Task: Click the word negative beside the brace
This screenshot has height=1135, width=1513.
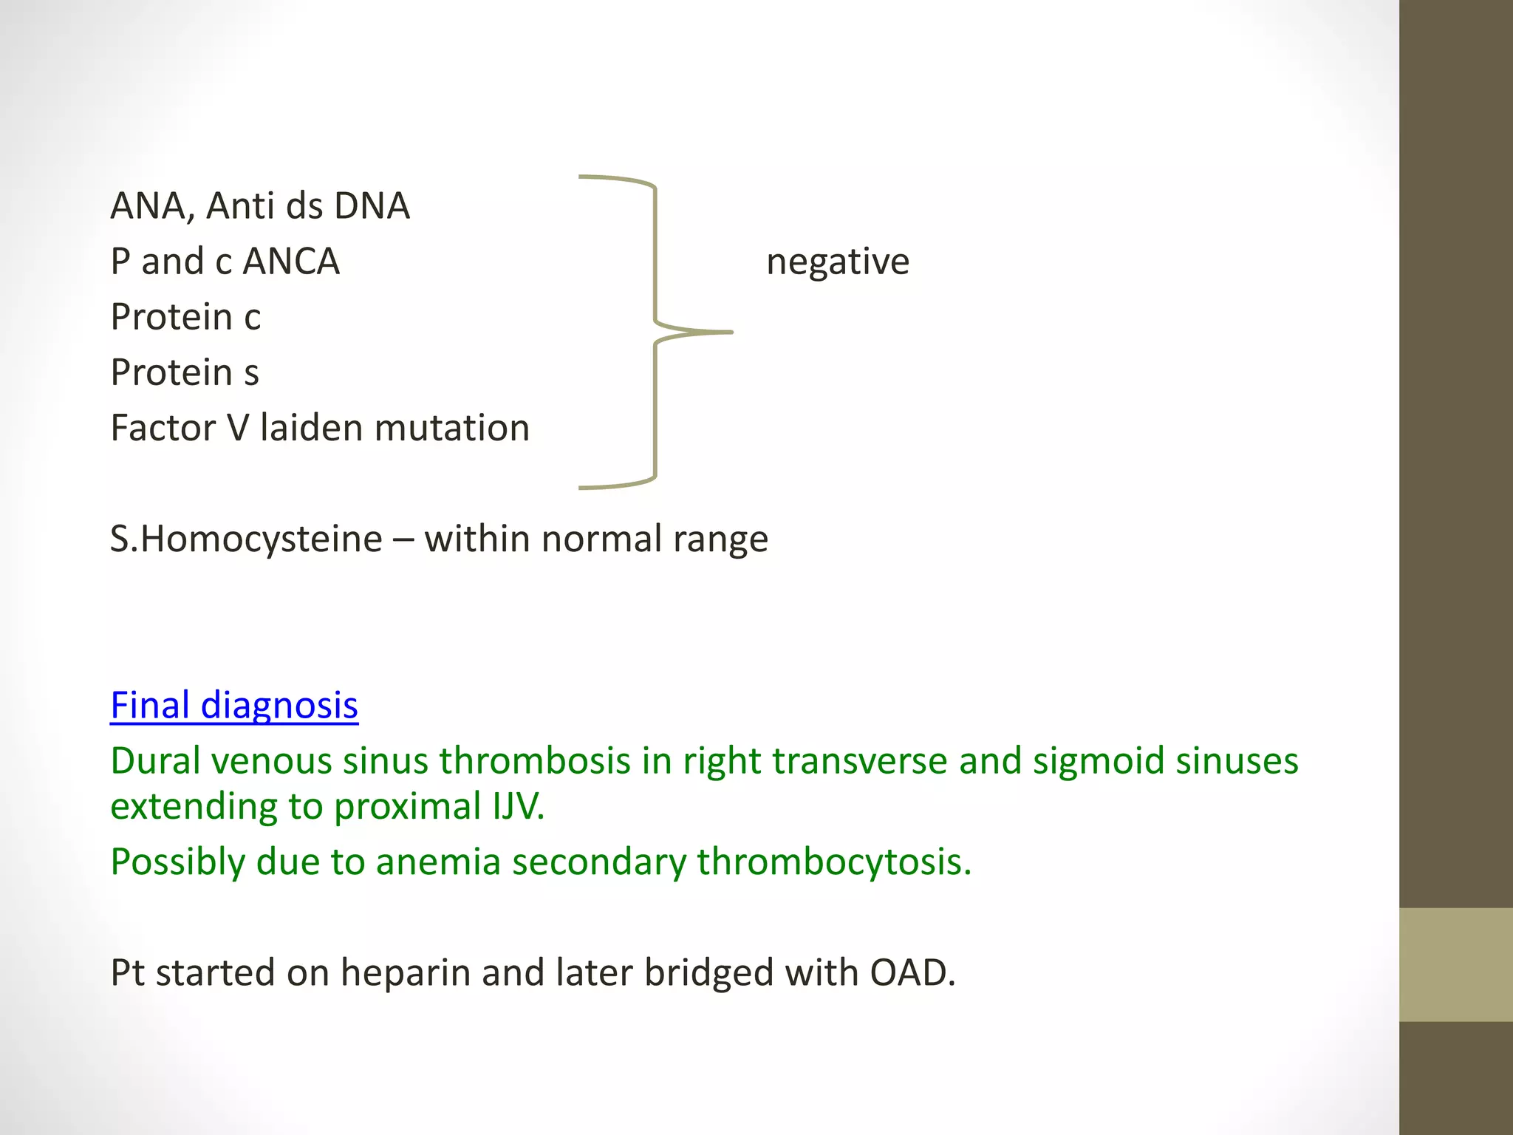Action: coord(837,262)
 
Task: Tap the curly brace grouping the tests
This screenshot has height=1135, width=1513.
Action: coord(655,332)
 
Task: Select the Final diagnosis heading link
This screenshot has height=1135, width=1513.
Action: coord(234,705)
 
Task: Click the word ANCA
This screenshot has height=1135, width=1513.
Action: coord(291,262)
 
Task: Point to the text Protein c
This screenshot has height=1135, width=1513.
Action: coord(185,317)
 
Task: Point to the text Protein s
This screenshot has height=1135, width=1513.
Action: coord(185,372)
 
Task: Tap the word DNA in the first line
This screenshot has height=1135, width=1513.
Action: coord(372,206)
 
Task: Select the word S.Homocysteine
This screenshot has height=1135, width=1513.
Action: coord(246,539)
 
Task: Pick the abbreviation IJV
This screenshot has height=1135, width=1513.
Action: coord(518,806)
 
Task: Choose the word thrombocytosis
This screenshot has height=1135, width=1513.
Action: coord(833,862)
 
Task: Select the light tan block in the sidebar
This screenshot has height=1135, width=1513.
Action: coord(1455,964)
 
